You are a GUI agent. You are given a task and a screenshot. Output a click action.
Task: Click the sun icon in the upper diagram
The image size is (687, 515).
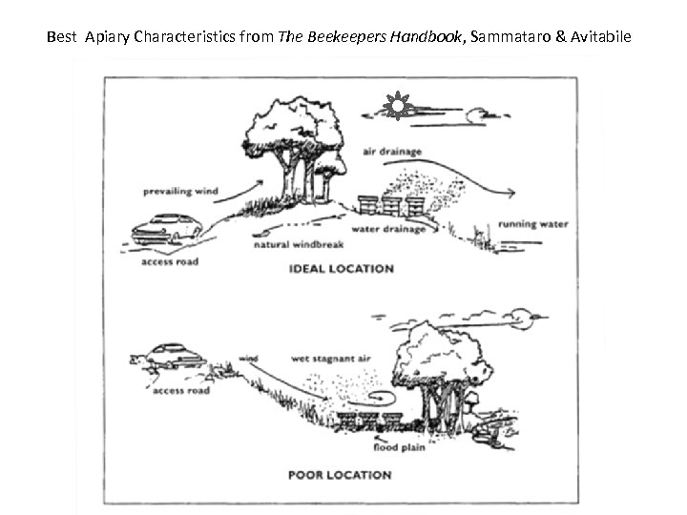tap(399, 106)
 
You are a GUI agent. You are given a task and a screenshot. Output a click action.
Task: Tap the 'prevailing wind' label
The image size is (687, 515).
tap(182, 191)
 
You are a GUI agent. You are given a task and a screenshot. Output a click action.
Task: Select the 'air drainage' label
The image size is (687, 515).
tap(391, 152)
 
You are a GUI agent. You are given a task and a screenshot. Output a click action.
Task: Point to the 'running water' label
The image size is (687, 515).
tap(532, 225)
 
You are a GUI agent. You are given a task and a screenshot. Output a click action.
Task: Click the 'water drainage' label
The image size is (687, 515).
tap(388, 229)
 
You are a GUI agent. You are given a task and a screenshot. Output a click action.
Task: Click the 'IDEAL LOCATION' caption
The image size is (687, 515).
tap(341, 269)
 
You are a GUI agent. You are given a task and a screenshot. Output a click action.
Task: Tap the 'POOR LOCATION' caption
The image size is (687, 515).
tap(340, 474)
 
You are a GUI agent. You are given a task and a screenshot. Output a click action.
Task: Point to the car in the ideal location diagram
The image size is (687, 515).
tap(166, 228)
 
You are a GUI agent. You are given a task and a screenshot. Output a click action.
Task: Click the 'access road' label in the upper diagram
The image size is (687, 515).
tap(170, 260)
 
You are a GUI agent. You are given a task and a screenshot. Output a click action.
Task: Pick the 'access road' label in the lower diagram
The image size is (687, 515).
tap(182, 390)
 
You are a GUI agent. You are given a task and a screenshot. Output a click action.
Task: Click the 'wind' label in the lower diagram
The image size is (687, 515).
tap(248, 359)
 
